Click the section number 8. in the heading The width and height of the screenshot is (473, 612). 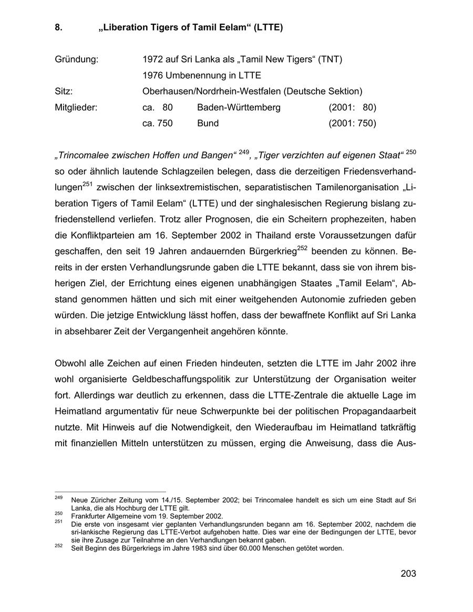click(59, 28)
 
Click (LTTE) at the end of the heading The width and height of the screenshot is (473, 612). click(268, 28)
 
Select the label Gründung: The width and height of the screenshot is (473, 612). click(76, 59)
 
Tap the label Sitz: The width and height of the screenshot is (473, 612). click(64, 91)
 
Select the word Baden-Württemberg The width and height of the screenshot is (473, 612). click(239, 108)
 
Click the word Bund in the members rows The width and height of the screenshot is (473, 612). click(208, 124)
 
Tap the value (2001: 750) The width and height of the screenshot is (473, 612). click(352, 124)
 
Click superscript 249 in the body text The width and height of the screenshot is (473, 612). click(243, 152)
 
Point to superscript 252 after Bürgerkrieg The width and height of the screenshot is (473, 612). click(302, 248)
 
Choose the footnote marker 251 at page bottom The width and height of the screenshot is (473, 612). click(58, 522)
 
